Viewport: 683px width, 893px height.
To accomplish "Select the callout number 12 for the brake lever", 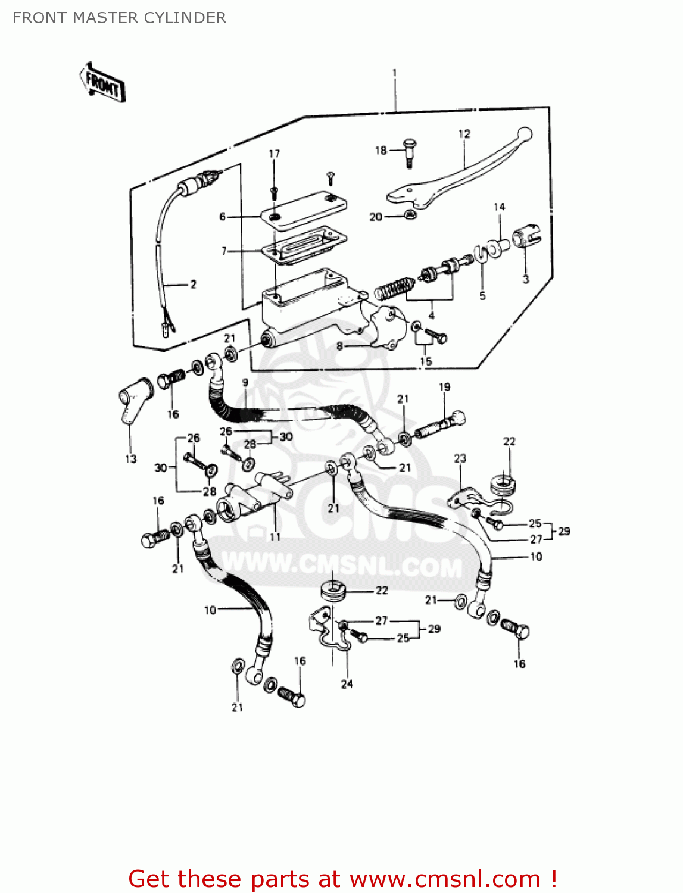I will point(464,134).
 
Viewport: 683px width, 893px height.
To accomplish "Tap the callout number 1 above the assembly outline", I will point(394,73).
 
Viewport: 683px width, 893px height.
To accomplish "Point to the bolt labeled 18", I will point(410,151).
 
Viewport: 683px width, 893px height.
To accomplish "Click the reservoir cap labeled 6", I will point(304,209).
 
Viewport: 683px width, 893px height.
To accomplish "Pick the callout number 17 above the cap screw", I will point(274,154).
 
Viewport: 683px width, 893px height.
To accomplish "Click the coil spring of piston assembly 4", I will point(392,288).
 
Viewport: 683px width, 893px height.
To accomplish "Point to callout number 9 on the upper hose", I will point(245,383).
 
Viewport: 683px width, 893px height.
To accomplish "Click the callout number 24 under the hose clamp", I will point(347,684).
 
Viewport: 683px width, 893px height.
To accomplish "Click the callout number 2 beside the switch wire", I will point(193,285).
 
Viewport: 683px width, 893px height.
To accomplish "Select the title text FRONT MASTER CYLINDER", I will point(119,18).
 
